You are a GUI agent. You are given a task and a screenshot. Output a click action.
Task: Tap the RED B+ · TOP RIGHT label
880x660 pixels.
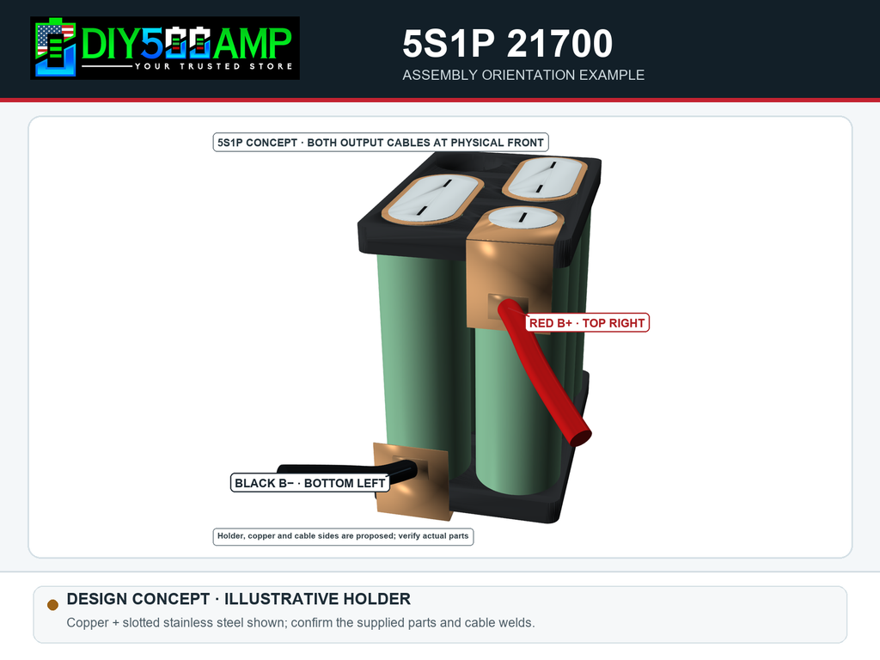587,323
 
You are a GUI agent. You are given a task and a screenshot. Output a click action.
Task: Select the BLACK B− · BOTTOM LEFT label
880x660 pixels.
309,483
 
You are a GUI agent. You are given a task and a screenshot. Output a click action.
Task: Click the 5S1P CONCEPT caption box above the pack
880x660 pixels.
381,143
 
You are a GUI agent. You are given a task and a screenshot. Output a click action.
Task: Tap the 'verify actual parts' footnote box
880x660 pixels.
343,536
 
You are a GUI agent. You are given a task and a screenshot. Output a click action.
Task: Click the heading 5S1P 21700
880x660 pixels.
507,44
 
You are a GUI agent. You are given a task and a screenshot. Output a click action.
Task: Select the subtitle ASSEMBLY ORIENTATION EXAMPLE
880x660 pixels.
523,76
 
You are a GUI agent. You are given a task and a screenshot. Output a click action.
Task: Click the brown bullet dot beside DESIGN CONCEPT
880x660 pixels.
52,604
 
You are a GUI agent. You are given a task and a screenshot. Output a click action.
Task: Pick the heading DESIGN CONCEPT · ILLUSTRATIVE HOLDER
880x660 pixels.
239,599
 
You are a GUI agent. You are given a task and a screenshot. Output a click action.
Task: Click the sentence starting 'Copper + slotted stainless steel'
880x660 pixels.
301,623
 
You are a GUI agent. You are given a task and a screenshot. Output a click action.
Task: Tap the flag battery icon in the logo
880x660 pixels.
55,48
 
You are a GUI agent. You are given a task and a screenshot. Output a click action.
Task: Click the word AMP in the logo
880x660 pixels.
253,44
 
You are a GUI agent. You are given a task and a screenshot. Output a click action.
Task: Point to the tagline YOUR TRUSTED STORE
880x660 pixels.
214,66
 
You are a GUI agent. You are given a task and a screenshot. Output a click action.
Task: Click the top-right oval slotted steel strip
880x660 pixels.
545,179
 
